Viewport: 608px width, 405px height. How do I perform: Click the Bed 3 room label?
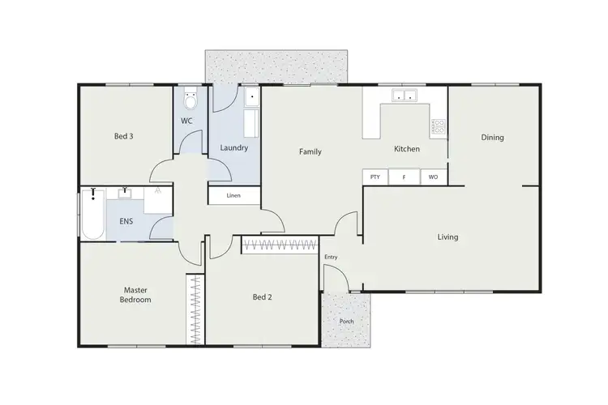pyautogui.click(x=123, y=136)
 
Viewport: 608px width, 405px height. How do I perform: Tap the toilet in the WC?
pyautogui.click(x=190, y=100)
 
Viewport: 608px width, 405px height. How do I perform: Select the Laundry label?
pyautogui.click(x=234, y=148)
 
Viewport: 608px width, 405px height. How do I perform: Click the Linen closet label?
pyautogui.click(x=233, y=195)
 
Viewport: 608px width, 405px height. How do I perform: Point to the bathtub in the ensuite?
pyautogui.click(x=92, y=214)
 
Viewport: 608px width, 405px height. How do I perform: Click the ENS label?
pyautogui.click(x=126, y=220)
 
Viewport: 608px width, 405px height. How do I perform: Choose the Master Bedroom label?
pyautogui.click(x=137, y=294)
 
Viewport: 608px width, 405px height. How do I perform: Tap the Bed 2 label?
pyautogui.click(x=262, y=297)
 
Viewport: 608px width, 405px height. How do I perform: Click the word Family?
pyautogui.click(x=310, y=151)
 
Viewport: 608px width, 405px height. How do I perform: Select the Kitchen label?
pyautogui.click(x=406, y=149)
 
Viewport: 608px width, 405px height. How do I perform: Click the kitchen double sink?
pyautogui.click(x=405, y=96)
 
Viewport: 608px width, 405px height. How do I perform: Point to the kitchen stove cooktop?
pyautogui.click(x=439, y=126)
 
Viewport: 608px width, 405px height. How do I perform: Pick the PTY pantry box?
pyautogui.click(x=375, y=177)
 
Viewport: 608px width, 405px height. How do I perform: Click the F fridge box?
pyautogui.click(x=404, y=177)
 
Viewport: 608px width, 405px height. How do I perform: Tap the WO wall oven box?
pyautogui.click(x=433, y=177)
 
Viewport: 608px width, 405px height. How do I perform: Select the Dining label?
pyautogui.click(x=492, y=138)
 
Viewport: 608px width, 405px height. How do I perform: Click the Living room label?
pyautogui.click(x=447, y=237)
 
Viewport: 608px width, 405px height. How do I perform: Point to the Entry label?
pyautogui.click(x=331, y=258)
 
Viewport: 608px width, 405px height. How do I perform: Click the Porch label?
pyautogui.click(x=346, y=322)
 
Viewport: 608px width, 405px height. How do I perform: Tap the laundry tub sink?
pyautogui.click(x=250, y=98)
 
